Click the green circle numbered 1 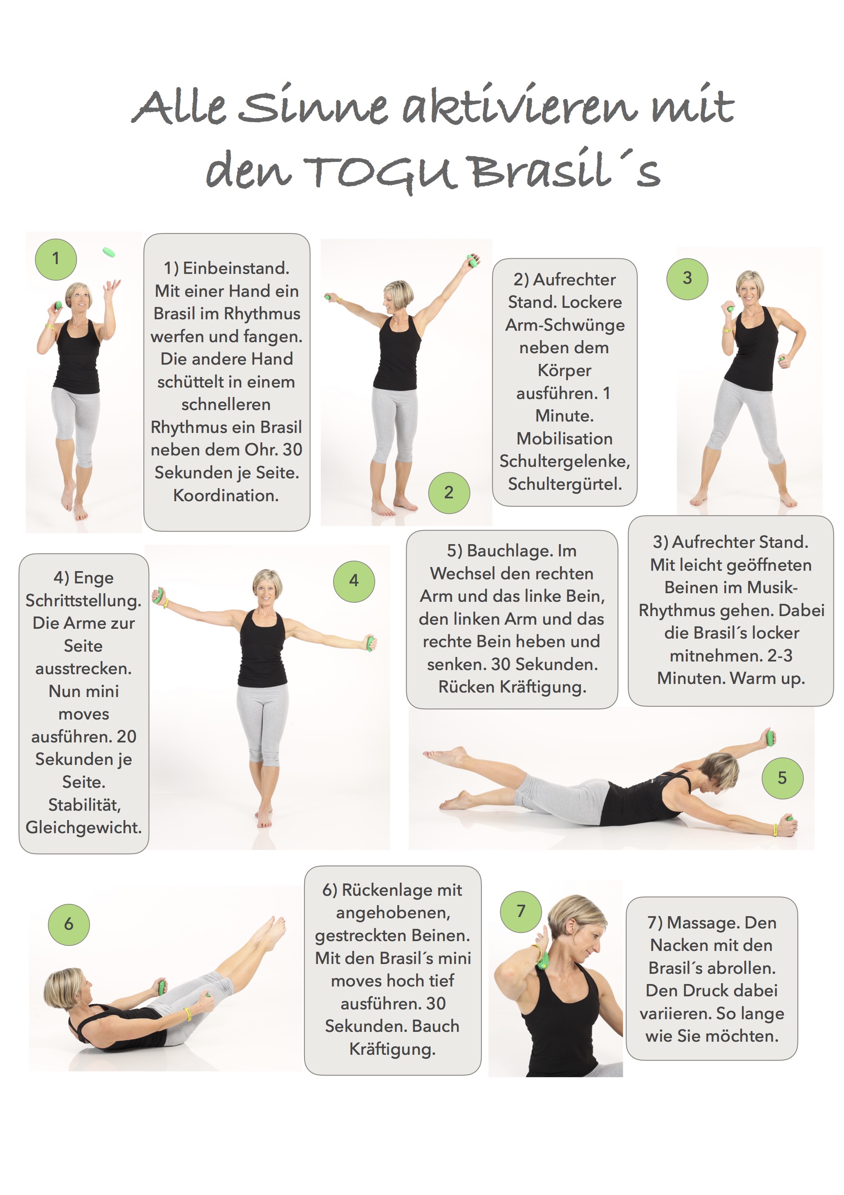coord(56,259)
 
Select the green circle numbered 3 coord(687,278)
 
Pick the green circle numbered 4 coord(354,581)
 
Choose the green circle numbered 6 coord(69,924)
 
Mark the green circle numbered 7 coord(521,911)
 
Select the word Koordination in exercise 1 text coord(226,495)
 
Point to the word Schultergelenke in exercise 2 coord(564,462)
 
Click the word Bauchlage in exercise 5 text coord(513,551)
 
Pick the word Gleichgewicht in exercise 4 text coord(84,827)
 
